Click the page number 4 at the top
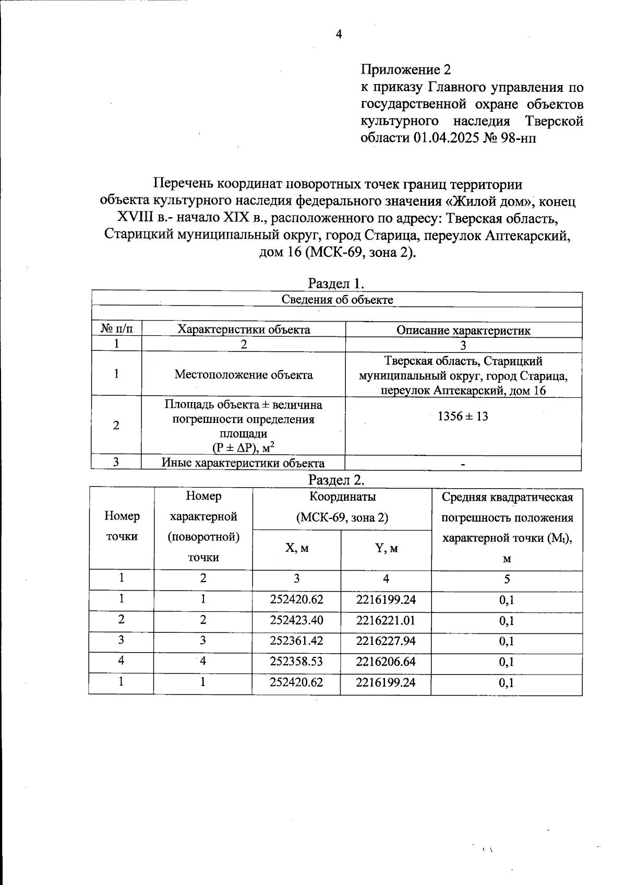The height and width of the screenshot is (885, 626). click(339, 34)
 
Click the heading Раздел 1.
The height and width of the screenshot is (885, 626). click(336, 284)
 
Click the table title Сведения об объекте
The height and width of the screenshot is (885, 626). click(337, 299)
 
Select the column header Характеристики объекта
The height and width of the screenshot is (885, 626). click(244, 329)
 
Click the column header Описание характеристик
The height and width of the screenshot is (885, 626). click(463, 330)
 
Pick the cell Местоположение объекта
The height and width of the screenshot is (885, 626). click(244, 374)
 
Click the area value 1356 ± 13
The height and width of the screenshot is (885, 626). click(463, 417)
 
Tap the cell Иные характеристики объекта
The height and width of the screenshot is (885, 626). click(243, 463)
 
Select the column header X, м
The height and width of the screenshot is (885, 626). click(296, 548)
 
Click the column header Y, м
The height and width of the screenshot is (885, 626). click(386, 548)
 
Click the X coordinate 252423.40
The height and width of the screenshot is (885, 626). click(296, 620)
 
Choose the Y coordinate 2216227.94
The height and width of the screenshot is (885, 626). click(386, 641)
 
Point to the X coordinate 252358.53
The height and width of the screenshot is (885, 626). click(296, 662)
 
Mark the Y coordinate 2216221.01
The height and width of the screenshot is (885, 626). click(386, 620)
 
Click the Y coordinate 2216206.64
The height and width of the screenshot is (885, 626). click(386, 662)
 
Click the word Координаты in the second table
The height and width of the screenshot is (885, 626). click(342, 497)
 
